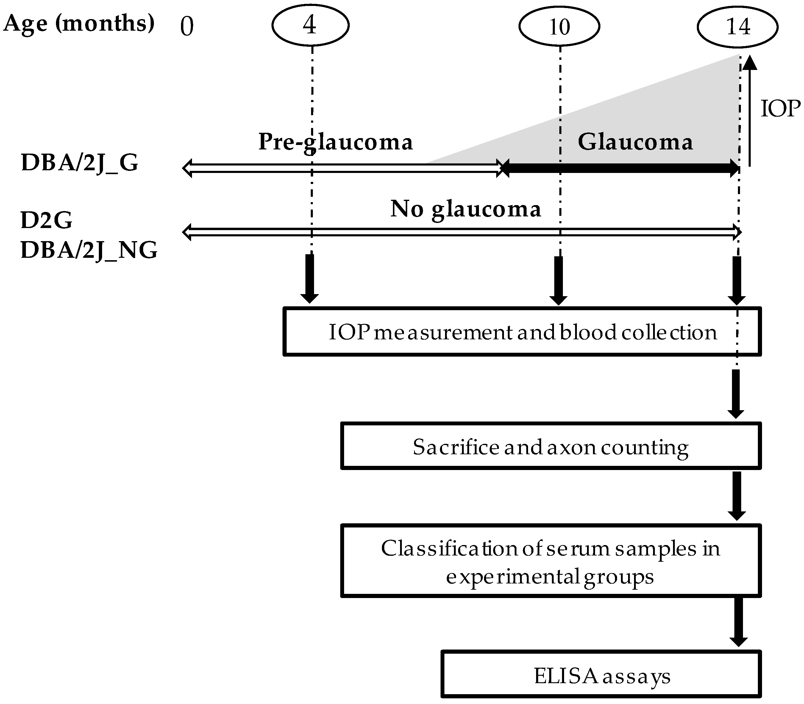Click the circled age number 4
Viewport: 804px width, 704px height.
click(x=310, y=25)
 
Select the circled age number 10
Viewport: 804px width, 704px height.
click(x=559, y=26)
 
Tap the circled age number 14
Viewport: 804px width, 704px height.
click(x=738, y=26)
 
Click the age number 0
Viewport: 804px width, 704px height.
click(x=187, y=27)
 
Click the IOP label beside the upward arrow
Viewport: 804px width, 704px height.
click(x=780, y=109)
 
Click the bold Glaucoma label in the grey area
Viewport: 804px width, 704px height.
click(x=635, y=142)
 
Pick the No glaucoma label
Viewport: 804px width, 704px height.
click(x=466, y=209)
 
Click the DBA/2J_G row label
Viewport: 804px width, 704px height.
click(x=80, y=163)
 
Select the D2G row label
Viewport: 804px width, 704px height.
click(x=46, y=220)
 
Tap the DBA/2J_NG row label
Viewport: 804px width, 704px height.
click(x=89, y=250)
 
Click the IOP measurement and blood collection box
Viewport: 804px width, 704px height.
click(x=522, y=332)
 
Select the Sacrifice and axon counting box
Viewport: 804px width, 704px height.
click(x=550, y=446)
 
